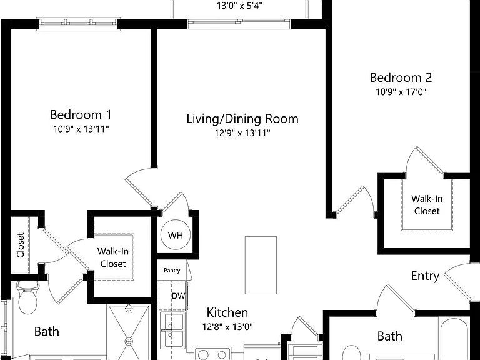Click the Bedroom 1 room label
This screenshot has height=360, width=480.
click(81, 115)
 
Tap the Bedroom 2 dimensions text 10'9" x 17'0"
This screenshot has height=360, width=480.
click(401, 92)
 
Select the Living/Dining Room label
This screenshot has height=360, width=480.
click(242, 119)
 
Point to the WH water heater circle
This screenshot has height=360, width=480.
click(176, 235)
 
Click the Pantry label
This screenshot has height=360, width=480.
click(172, 270)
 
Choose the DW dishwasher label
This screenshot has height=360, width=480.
click(179, 296)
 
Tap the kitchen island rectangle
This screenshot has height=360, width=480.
click(261, 265)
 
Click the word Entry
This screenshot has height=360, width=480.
click(425, 276)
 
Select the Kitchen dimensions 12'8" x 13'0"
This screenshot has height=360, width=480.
click(227, 327)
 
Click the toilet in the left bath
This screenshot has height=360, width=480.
click(27, 297)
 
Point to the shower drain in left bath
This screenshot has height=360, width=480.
click(129, 341)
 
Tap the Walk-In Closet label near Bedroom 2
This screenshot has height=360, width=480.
click(427, 205)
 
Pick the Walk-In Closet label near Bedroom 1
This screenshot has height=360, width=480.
click(113, 257)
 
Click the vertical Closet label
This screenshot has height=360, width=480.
click(20, 245)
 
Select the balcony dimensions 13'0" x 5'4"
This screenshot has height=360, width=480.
click(240, 6)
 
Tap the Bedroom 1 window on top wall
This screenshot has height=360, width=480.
click(78, 24)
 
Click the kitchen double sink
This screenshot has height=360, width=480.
click(172, 330)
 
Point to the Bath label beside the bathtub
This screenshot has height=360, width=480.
click(390, 336)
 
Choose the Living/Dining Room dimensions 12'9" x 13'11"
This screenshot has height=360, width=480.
click(242, 133)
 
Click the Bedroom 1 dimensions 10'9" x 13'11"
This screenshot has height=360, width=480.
click(81, 129)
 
